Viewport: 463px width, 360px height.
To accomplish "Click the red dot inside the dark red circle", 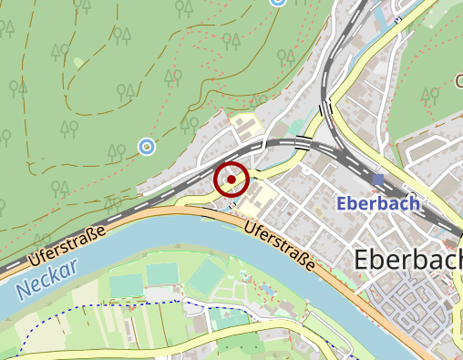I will [231, 180].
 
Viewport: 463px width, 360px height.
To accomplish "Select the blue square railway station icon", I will [378, 180].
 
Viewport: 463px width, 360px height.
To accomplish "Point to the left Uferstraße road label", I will [63, 244].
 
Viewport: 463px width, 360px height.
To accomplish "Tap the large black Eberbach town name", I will [406, 260].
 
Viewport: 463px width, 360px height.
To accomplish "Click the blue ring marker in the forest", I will [146, 146].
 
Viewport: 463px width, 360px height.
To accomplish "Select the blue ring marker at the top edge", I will [278, 2].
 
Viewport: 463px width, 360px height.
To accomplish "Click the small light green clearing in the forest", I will [79, 62].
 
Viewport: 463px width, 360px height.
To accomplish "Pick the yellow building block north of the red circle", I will [245, 123].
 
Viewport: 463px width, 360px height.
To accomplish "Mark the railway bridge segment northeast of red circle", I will [301, 142].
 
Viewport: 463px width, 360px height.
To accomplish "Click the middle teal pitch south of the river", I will [162, 273].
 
